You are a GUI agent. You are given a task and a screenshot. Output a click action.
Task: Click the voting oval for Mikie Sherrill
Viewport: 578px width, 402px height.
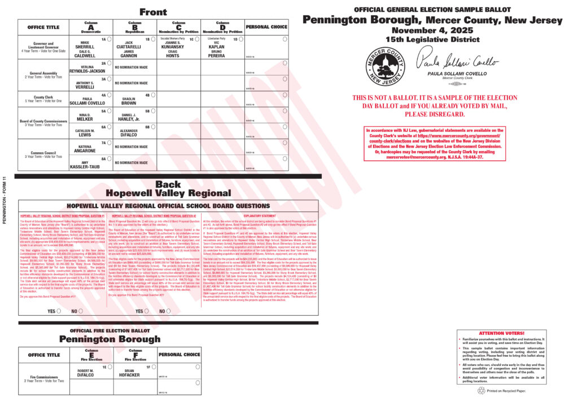coord(109,39)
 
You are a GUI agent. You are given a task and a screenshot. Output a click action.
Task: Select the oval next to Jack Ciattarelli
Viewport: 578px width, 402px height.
coord(153,39)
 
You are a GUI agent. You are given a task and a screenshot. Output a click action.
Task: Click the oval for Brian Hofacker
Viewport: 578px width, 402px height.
coord(153,366)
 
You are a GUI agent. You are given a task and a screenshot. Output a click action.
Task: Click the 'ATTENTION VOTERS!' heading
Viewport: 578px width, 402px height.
coord(502,334)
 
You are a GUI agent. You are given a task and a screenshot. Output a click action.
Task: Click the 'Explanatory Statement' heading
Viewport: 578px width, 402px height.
coord(260,216)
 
